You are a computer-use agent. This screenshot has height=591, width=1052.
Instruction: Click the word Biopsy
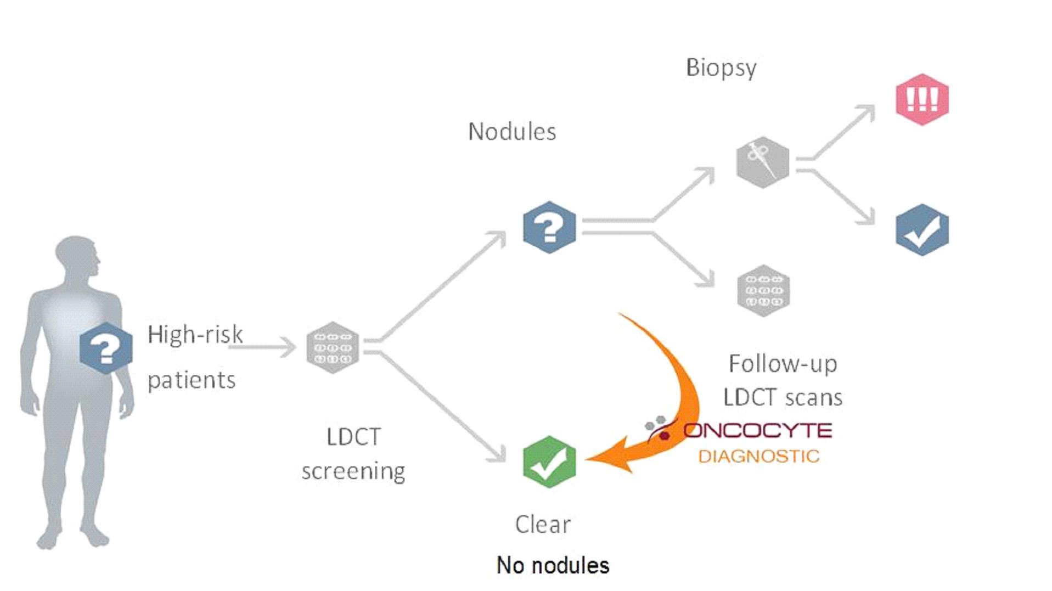pyautogui.click(x=721, y=68)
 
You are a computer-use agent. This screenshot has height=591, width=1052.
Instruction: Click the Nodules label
pyautogui.click(x=511, y=132)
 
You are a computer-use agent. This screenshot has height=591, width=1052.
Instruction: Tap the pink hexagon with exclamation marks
pyautogui.click(x=922, y=99)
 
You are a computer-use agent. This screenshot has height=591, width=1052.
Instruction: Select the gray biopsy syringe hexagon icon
pyautogui.click(x=762, y=162)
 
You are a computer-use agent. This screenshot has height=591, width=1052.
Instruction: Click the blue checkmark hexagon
pyautogui.click(x=922, y=230)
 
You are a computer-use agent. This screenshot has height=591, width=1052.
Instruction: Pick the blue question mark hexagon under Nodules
pyautogui.click(x=549, y=227)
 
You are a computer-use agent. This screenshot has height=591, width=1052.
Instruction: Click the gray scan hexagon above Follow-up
pyautogui.click(x=763, y=291)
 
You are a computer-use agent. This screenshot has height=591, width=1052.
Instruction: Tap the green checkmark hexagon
pyautogui.click(x=549, y=462)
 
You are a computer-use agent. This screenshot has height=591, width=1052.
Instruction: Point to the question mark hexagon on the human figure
pyautogui.click(x=106, y=348)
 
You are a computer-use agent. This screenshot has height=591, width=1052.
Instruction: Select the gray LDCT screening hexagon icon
pyautogui.click(x=333, y=348)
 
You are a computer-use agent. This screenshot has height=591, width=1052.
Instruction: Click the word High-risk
pyautogui.click(x=195, y=335)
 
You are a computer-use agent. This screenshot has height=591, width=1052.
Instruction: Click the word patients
pyautogui.click(x=192, y=380)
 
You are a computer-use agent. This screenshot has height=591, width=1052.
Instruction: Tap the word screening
pyautogui.click(x=353, y=471)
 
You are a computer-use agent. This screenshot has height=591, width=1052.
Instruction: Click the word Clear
pyautogui.click(x=543, y=525)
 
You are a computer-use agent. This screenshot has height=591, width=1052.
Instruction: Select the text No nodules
pyautogui.click(x=553, y=565)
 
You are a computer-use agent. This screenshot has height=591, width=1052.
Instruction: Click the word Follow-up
pyautogui.click(x=783, y=364)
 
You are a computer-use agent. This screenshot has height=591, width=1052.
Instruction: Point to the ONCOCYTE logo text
pyautogui.click(x=757, y=431)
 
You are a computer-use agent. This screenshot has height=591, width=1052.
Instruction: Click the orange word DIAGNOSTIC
pyautogui.click(x=758, y=456)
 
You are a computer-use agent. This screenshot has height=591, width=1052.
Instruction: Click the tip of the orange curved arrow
pyautogui.click(x=588, y=459)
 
